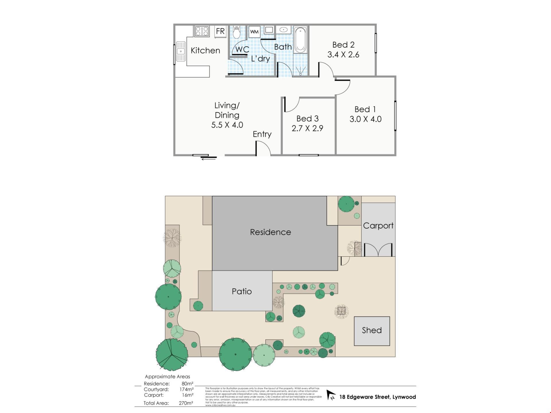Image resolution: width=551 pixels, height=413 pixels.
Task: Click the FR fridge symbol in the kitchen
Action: tap(220, 31)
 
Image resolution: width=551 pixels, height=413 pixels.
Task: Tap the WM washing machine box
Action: tap(254, 32)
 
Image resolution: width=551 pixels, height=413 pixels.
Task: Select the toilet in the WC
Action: tap(236, 32)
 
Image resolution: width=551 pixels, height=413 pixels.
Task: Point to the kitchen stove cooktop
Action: tap(202, 31)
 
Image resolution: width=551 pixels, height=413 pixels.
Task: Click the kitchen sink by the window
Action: tap(181, 52)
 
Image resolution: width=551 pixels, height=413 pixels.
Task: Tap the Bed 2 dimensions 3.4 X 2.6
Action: tap(343, 54)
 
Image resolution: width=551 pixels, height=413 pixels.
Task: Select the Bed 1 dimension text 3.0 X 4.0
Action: tap(365, 119)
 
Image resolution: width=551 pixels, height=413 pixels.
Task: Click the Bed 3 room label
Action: tap(307, 118)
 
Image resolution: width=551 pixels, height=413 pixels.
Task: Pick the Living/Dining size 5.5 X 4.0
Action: tap(227, 125)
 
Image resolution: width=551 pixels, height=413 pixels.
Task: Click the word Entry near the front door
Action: tap(262, 134)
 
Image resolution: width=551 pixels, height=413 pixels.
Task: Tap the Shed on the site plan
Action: tap(372, 331)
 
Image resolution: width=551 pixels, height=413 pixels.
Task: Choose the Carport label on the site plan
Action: tap(378, 226)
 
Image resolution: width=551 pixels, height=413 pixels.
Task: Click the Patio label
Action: tap(242, 291)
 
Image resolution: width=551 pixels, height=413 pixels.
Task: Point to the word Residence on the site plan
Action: tap(270, 232)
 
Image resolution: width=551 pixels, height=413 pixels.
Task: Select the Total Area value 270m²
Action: tap(186, 403)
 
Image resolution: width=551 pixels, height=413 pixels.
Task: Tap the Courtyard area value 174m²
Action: tap(186, 389)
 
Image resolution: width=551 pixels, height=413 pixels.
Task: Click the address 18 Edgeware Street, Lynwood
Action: tap(377, 397)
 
